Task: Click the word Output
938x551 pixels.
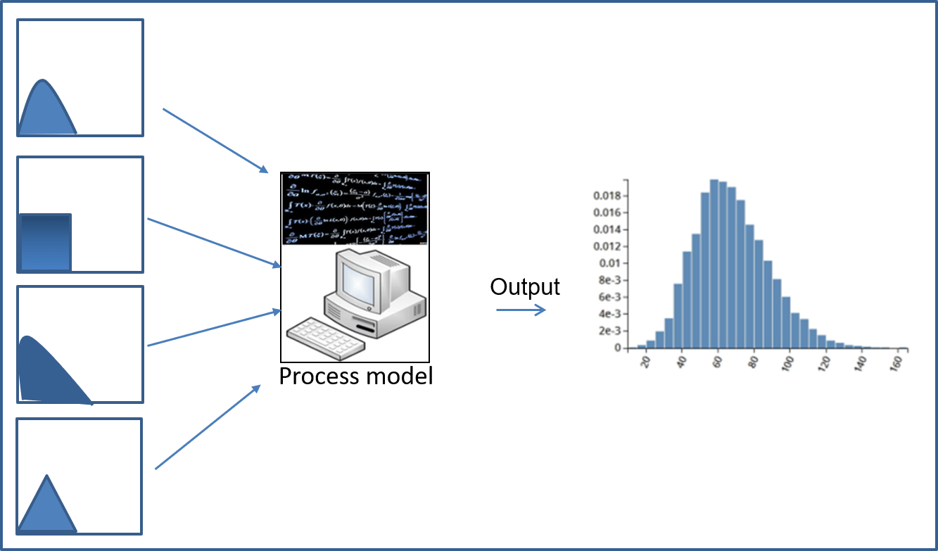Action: click(525, 287)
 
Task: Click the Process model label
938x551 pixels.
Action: click(355, 376)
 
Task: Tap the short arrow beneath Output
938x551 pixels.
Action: click(521, 310)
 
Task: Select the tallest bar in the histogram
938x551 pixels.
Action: click(714, 264)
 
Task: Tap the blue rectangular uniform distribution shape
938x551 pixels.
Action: click(46, 243)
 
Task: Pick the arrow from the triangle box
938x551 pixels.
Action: click(207, 426)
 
